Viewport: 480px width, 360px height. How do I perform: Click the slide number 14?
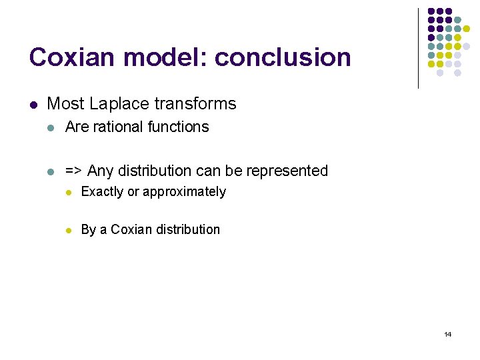[x=447, y=334]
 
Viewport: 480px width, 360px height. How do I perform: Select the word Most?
[x=66, y=104]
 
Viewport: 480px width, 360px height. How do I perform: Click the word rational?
[x=118, y=127]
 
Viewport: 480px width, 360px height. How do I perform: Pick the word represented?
[x=288, y=171]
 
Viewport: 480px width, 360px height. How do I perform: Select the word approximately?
[x=185, y=193]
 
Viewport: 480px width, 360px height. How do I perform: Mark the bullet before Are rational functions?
[x=51, y=127]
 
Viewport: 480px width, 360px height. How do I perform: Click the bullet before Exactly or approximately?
[x=67, y=193]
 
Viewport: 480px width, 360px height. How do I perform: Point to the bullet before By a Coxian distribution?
[x=67, y=230]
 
